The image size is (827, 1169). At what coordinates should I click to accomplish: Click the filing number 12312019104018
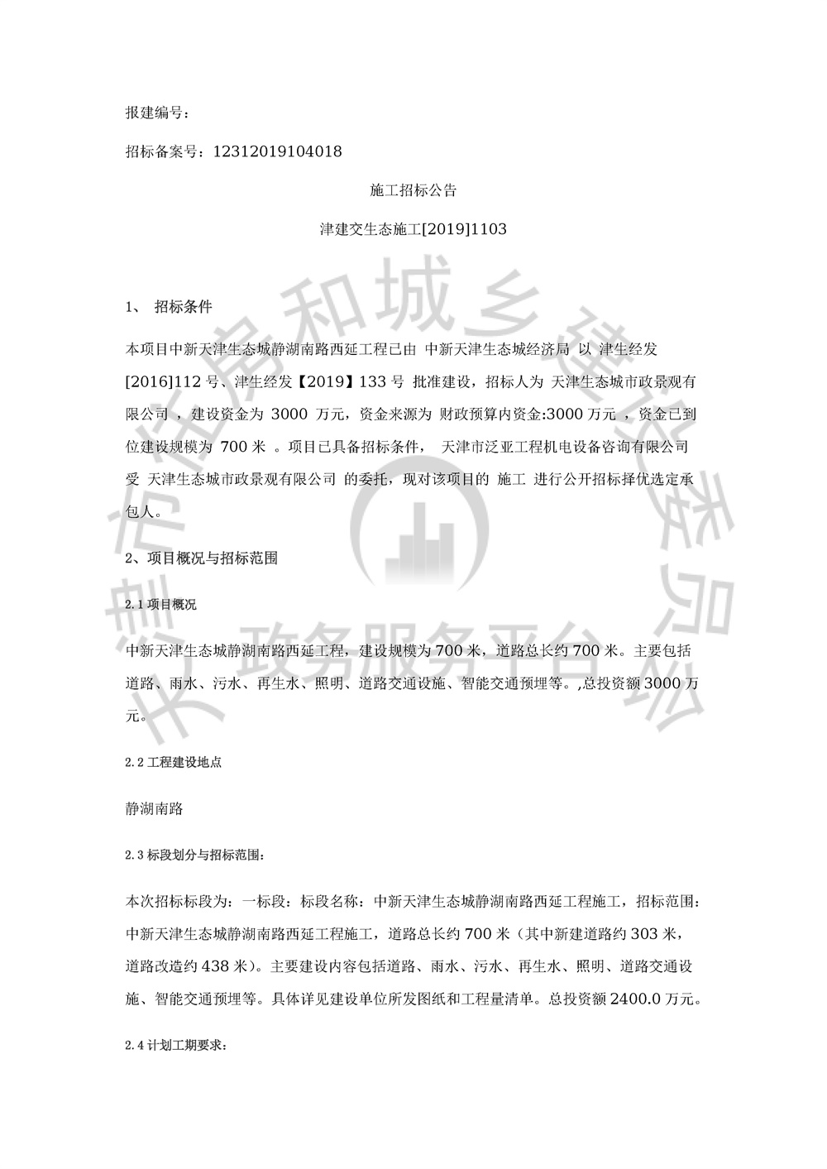tap(278, 152)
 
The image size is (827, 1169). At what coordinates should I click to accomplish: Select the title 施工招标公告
tap(413, 191)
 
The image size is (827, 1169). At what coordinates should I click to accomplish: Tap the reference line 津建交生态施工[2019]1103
tap(413, 230)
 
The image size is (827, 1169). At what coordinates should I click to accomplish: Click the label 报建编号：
tap(157, 113)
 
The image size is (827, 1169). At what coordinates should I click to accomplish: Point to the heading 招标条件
tap(184, 307)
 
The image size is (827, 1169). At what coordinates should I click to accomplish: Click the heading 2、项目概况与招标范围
tap(201, 558)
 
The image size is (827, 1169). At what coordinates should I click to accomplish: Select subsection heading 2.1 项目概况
tap(161, 605)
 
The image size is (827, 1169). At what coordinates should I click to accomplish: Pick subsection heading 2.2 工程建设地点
tap(173, 763)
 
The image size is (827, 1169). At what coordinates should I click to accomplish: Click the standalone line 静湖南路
tap(154, 809)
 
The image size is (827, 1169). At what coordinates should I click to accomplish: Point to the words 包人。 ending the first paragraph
tap(143, 512)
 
